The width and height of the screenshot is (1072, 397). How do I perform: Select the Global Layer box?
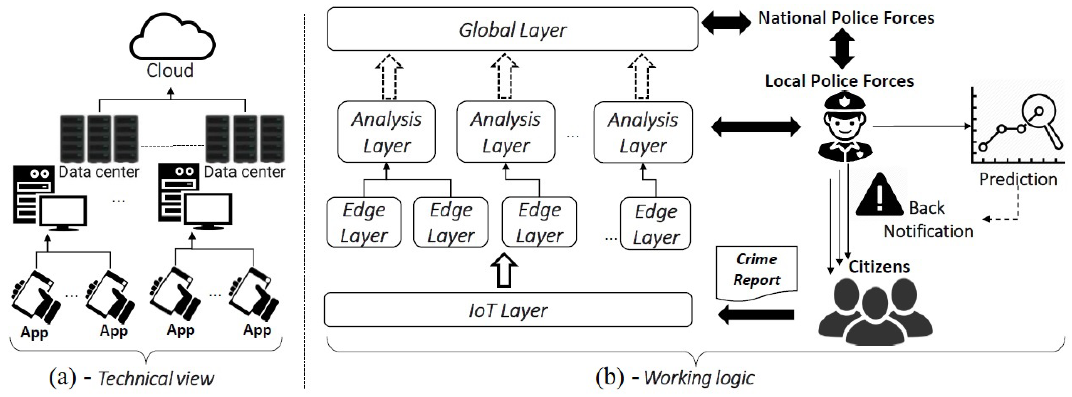[512, 30]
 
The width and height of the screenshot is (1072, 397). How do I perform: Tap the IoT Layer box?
[508, 310]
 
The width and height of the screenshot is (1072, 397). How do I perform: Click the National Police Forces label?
[846, 18]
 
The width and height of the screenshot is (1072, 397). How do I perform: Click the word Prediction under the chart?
[1018, 179]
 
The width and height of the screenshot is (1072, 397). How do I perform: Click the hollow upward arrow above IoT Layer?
[504, 269]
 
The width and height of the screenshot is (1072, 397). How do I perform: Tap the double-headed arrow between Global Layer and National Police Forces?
[726, 23]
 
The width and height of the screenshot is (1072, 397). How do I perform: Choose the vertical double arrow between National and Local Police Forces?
[842, 49]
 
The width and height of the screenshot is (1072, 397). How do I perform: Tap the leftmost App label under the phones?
[35, 333]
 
